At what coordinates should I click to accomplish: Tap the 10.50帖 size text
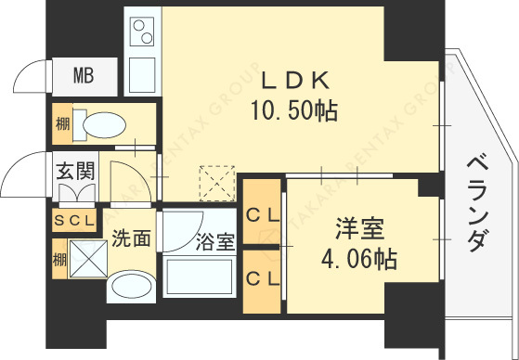click(292, 112)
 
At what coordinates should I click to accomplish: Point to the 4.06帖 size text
click(359, 259)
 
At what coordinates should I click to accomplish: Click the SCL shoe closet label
click(73, 220)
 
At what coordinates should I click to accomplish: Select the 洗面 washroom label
click(132, 238)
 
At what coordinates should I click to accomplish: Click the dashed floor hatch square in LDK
click(219, 183)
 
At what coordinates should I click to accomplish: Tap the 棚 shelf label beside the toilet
click(60, 122)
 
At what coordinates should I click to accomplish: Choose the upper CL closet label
click(262, 213)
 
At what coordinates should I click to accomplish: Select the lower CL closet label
click(262, 277)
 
